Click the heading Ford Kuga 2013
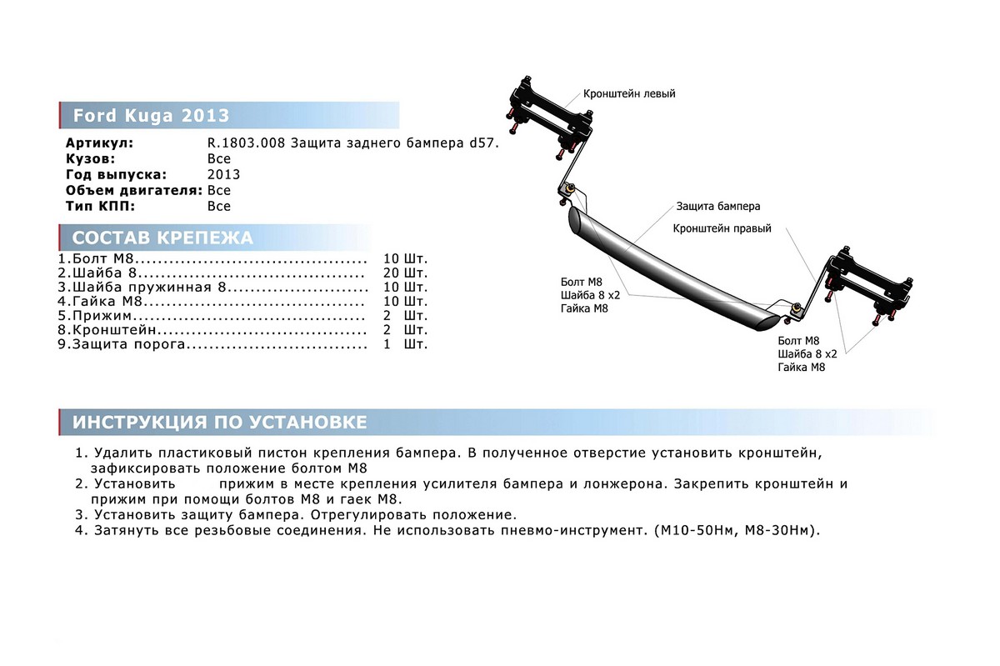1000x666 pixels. click(x=151, y=115)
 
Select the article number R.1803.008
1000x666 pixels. click(x=247, y=143)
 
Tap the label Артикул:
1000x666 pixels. click(x=99, y=143)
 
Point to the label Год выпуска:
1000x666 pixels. click(x=116, y=174)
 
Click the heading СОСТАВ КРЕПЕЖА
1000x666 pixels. click(x=162, y=238)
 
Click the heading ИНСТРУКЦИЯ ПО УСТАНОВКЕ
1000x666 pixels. click(x=219, y=422)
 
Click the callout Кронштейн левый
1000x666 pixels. click(x=629, y=94)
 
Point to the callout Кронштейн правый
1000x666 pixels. click(x=722, y=228)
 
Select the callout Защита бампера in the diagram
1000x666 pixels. click(x=717, y=206)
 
